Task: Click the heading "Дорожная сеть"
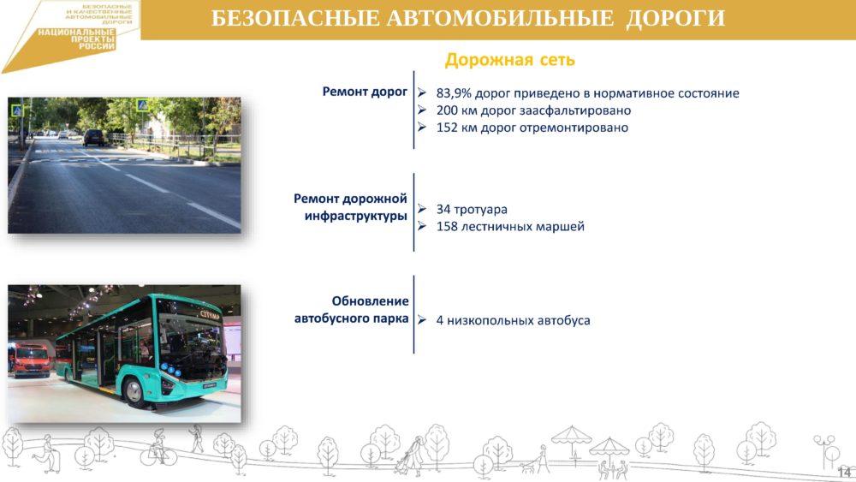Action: [510, 59]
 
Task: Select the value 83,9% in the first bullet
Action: [453, 93]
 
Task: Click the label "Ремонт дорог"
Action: [365, 92]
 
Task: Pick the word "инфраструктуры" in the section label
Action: [356, 216]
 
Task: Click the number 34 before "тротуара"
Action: [443, 209]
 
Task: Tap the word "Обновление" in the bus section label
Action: [370, 301]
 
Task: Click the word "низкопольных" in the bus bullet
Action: [490, 320]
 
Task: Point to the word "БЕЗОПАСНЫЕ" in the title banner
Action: [294, 18]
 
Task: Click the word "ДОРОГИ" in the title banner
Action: [675, 18]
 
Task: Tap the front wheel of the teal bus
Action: [134, 391]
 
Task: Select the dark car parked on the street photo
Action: [94, 137]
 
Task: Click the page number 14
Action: [844, 472]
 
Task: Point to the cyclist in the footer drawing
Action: [158, 447]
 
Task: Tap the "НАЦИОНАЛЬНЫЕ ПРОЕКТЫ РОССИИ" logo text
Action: [77, 39]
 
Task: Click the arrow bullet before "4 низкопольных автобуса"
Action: [421, 320]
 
